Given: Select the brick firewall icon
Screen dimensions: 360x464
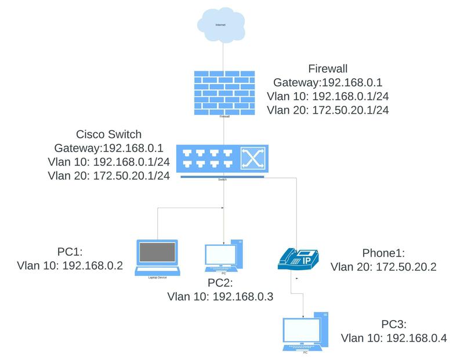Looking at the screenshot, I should (224, 92).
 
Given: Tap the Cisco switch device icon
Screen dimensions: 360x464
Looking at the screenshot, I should (223, 158).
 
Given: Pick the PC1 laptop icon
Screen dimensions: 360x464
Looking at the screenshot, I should (157, 256).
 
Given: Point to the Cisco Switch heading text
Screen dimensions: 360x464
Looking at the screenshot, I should (108, 134).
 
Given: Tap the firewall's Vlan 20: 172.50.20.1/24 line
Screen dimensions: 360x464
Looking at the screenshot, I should (327, 110).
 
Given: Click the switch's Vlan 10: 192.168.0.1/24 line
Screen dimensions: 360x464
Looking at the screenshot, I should (109, 163).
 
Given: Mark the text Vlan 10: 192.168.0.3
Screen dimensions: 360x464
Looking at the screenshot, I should (220, 296).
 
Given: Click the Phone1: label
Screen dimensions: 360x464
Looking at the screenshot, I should (383, 253).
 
